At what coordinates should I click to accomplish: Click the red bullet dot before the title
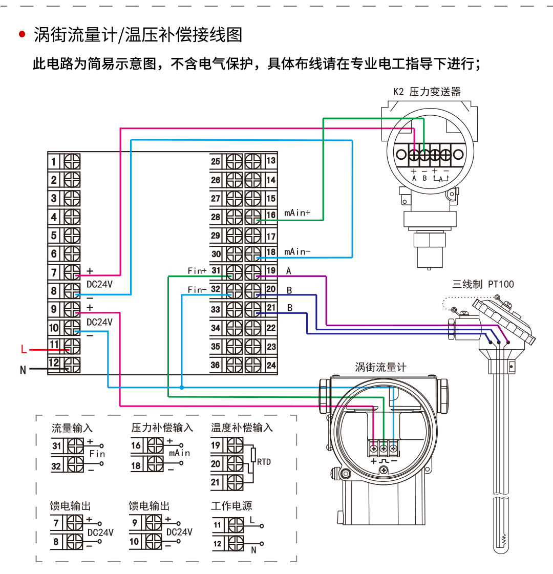22,35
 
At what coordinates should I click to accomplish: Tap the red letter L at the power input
23,350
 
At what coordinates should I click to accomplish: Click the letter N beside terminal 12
23,369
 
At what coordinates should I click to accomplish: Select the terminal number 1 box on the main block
54,162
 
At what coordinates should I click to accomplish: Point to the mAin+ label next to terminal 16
297,212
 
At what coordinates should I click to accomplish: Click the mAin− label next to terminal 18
297,251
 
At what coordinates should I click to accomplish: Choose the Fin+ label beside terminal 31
197,271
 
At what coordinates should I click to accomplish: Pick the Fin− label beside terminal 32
197,290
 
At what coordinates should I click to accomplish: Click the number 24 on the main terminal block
271,365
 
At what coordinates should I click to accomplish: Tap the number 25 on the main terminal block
216,162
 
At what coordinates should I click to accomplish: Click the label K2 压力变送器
427,92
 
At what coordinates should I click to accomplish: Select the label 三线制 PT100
482,284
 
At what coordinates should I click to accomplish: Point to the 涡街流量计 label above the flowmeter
380,367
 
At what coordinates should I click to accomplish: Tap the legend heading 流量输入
72,428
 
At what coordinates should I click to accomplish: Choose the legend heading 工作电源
231,506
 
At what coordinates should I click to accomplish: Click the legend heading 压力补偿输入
162,428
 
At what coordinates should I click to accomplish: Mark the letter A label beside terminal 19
289,271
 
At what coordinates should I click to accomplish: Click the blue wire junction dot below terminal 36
182,388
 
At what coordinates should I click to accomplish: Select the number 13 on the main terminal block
271,161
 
